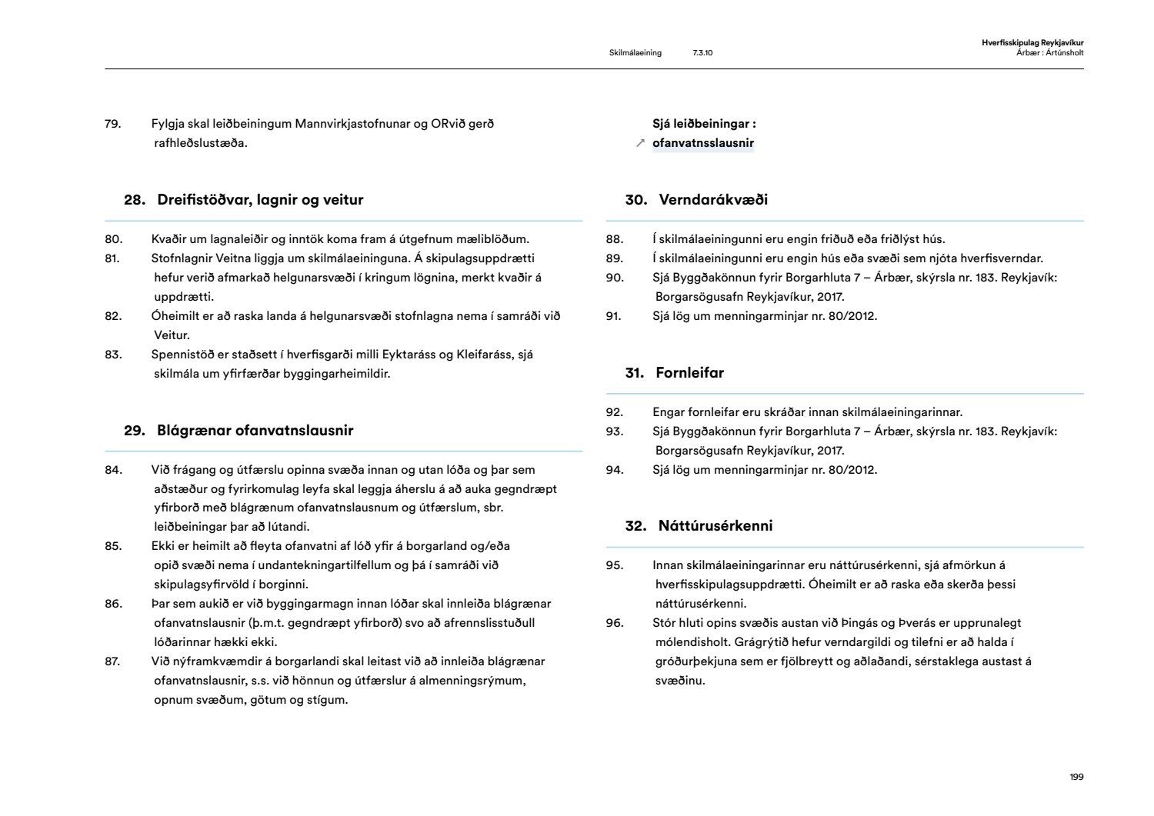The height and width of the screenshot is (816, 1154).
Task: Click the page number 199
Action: pyautogui.click(x=1076, y=777)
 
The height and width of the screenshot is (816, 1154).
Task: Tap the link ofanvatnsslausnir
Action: pyautogui.click(x=702, y=143)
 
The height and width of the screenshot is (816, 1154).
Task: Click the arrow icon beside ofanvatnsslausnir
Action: pyautogui.click(x=640, y=143)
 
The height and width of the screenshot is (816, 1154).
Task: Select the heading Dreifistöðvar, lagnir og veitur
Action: pyautogui.click(x=260, y=200)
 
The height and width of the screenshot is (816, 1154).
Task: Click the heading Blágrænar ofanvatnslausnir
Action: pyautogui.click(x=255, y=431)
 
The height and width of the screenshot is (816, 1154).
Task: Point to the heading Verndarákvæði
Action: pyautogui.click(x=713, y=200)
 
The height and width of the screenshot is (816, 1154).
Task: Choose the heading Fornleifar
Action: pyautogui.click(x=689, y=373)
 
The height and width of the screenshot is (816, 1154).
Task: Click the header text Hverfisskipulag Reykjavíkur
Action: pyautogui.click(x=1032, y=43)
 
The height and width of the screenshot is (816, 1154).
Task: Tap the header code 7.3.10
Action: pyautogui.click(x=702, y=53)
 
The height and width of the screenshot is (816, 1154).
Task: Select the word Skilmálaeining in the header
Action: pyautogui.click(x=635, y=53)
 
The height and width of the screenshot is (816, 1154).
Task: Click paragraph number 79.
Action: pyautogui.click(x=113, y=124)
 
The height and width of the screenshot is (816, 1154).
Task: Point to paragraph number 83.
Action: pyautogui.click(x=113, y=355)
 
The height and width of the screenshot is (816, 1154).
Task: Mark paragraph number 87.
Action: pyautogui.click(x=113, y=661)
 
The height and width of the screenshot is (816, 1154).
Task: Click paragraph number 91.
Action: pyautogui.click(x=614, y=316)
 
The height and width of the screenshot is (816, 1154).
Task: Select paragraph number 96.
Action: pyautogui.click(x=614, y=623)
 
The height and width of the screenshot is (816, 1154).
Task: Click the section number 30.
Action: pyautogui.click(x=635, y=200)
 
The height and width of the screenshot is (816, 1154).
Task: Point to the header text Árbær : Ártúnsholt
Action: pyautogui.click(x=1050, y=53)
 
